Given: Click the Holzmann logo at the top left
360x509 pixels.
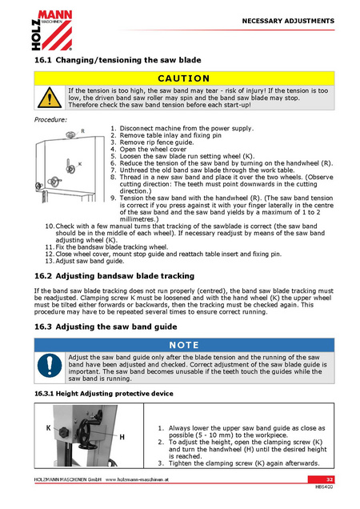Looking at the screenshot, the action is click(x=52, y=30).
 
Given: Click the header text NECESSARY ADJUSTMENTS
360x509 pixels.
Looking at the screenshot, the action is click(x=288, y=21).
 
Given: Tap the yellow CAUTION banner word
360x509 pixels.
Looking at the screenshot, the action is click(x=184, y=78).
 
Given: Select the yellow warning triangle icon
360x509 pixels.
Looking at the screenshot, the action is click(x=50, y=98).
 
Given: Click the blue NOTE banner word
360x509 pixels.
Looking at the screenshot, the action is click(x=184, y=345).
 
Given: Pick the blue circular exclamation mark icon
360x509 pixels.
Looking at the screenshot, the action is click(x=50, y=366).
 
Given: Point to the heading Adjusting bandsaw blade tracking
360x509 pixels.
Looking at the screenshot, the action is click(x=125, y=276).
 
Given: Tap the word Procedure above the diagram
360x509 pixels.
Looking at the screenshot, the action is click(x=50, y=120).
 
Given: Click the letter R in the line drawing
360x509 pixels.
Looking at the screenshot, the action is click(x=82, y=131).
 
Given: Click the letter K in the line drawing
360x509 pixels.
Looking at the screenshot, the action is click(x=80, y=164).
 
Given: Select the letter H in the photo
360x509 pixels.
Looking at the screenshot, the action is click(x=122, y=437).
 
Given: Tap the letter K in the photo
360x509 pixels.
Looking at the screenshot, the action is click(x=48, y=428).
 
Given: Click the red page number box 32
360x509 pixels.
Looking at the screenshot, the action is click(x=321, y=479).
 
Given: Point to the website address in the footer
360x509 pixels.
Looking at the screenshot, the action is click(x=137, y=479).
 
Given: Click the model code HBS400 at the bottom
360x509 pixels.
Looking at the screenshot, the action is click(x=324, y=487).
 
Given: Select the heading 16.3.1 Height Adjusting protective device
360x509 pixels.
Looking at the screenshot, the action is click(x=104, y=394).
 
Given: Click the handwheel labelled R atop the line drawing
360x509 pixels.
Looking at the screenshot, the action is click(x=71, y=134).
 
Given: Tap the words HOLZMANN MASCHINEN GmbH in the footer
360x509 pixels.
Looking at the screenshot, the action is click(x=68, y=479).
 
